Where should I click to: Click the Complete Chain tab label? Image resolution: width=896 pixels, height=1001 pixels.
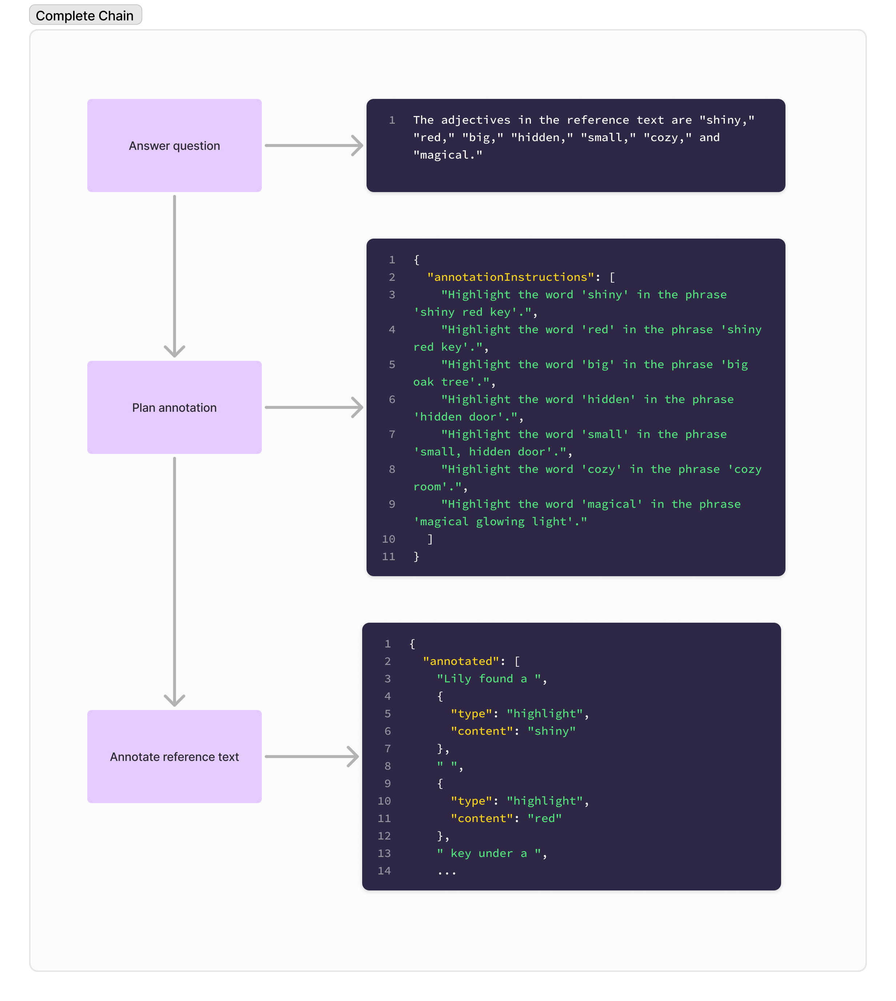85,15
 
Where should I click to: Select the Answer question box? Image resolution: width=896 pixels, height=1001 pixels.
174,146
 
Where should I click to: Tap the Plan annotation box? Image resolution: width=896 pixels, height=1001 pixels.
174,408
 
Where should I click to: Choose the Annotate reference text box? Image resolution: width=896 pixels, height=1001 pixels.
174,757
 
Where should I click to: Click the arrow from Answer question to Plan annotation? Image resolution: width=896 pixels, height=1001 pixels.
174,276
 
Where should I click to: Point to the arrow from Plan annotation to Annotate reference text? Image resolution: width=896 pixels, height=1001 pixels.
174,581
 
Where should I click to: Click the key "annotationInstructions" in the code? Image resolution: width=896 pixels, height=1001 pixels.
511,277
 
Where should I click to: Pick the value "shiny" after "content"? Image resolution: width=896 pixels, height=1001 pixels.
551,731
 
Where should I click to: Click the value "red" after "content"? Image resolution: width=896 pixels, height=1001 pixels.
544,818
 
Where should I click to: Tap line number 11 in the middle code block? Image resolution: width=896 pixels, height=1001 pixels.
388,557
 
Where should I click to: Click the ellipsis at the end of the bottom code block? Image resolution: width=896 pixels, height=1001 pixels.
447,872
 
